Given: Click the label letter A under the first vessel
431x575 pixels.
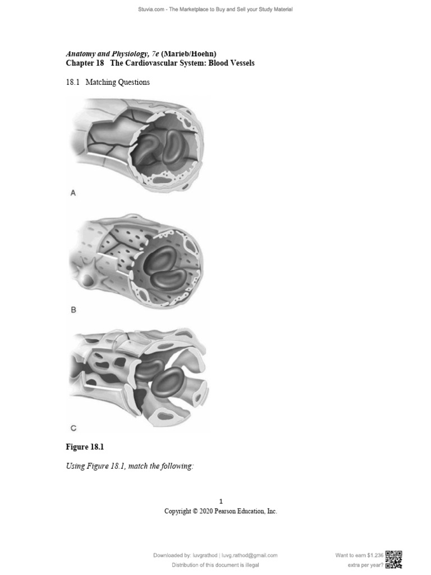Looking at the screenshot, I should [73, 193].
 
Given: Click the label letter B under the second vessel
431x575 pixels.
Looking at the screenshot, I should [73, 310].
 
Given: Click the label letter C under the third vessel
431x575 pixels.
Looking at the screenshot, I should [73, 428].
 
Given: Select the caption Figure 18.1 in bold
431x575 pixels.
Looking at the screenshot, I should [85, 447].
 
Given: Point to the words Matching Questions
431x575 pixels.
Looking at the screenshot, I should [117, 82].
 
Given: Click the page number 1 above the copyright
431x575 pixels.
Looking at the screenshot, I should [221, 501].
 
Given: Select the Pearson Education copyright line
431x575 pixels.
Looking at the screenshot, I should [221, 512].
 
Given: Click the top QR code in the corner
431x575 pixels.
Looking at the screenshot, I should [394, 555].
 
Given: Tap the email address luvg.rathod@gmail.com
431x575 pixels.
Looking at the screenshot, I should [250, 555].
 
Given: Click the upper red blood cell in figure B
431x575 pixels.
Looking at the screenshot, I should [161, 259].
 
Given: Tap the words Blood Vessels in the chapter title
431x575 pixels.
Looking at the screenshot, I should [232, 63].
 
